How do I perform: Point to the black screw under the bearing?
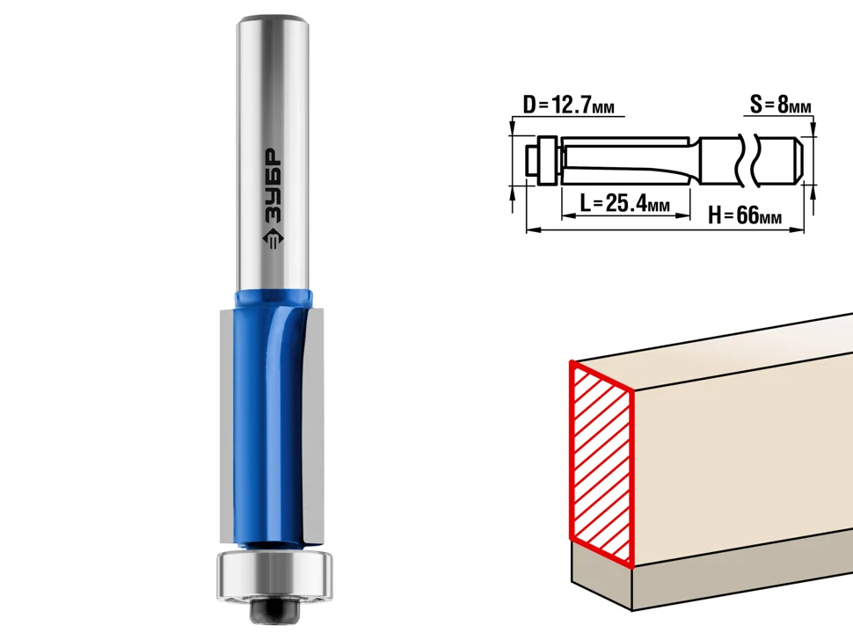[274, 609]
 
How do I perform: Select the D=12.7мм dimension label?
[568, 105]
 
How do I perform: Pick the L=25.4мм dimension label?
[624, 203]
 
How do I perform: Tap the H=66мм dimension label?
[745, 215]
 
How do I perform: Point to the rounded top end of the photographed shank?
[273, 22]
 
